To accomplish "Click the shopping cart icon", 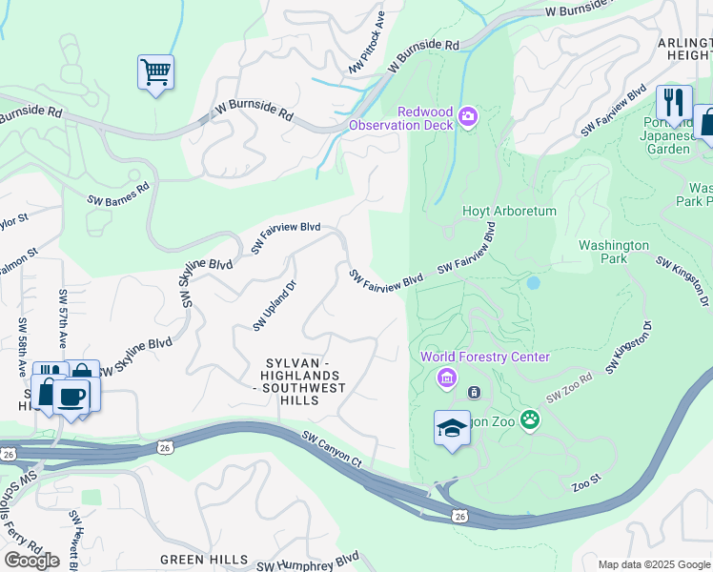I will [x=155, y=72].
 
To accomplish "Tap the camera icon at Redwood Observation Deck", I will [x=468, y=116].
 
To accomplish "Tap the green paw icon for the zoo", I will [x=529, y=419].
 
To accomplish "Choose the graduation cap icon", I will [x=452, y=428].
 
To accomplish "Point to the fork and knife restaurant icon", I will [x=674, y=102].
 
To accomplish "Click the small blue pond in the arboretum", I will [x=533, y=283].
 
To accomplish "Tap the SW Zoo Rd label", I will [x=569, y=387].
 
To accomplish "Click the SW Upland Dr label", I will [x=275, y=306].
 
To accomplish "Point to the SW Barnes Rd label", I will [x=118, y=194].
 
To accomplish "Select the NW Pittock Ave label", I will [x=367, y=44].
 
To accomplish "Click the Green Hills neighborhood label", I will [x=204, y=560].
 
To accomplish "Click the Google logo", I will [x=31, y=560].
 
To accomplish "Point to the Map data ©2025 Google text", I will [x=653, y=564].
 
